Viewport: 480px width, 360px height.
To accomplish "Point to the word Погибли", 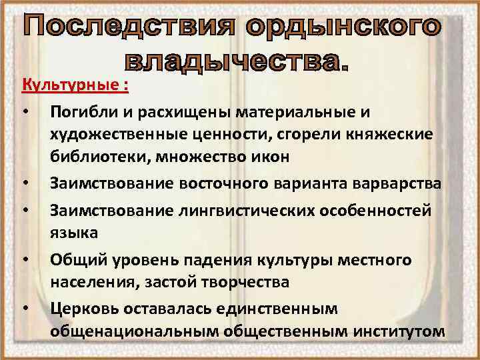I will point(77,116).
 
